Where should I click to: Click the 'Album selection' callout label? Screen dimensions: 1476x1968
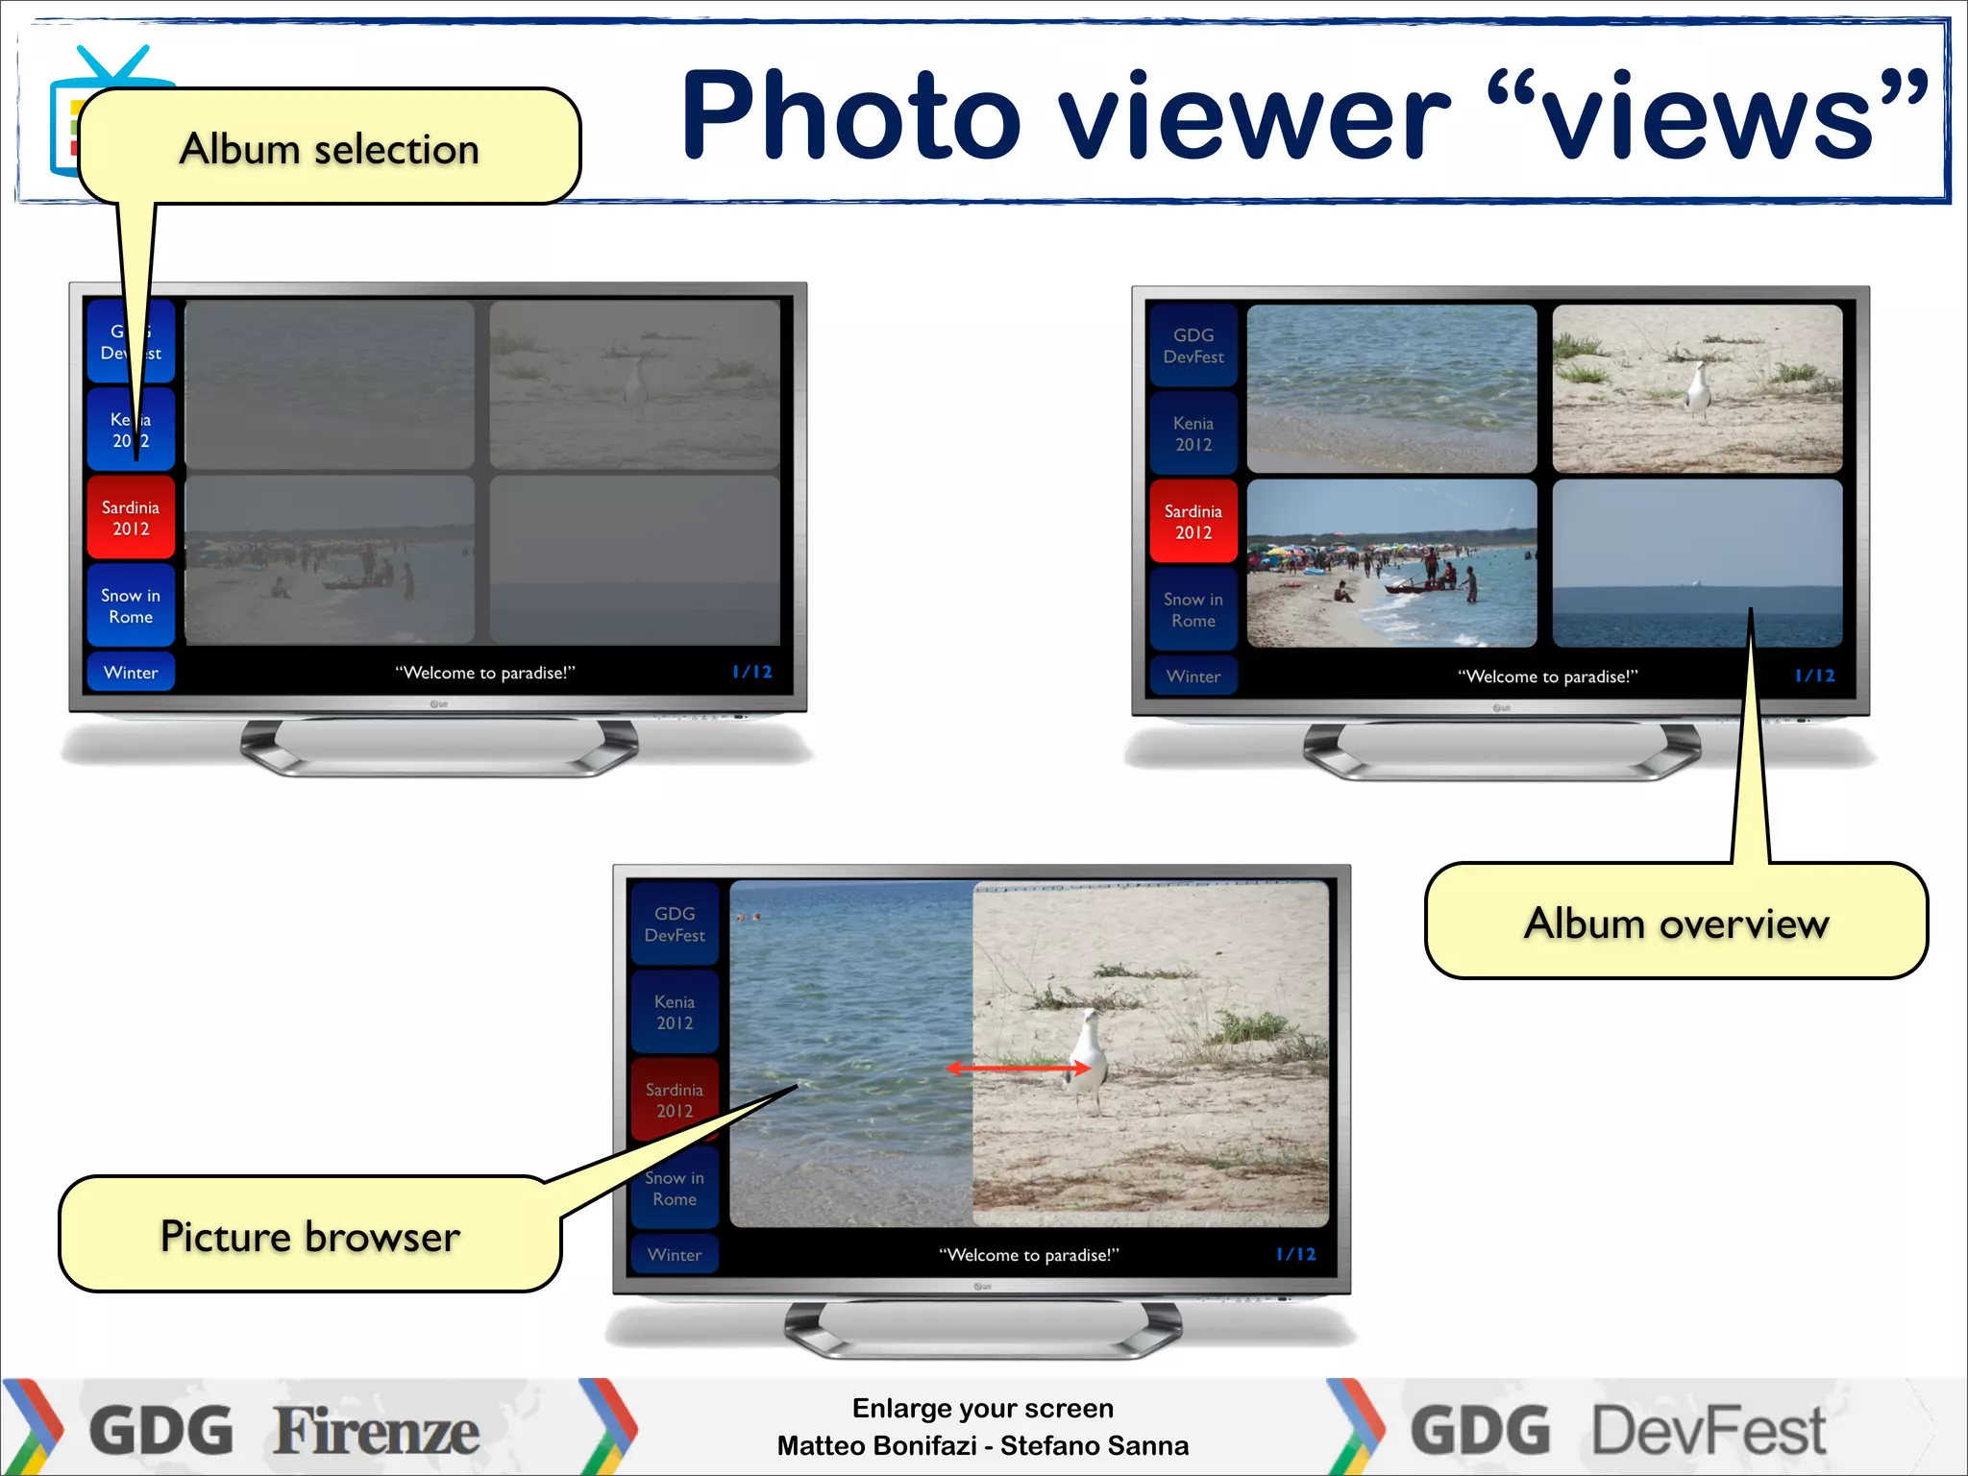point(329,149)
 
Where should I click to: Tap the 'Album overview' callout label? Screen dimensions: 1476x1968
point(1676,922)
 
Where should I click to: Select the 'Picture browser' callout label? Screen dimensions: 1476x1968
point(309,1236)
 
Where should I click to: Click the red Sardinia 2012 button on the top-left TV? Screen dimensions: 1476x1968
point(131,518)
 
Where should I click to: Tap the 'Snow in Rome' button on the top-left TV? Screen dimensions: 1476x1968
point(131,606)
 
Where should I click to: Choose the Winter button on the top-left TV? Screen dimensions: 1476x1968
point(131,673)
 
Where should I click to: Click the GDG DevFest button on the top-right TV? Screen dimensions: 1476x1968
point(1193,346)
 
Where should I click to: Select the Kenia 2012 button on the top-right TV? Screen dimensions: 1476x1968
point(1193,433)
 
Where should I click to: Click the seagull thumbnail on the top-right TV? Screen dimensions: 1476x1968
point(1697,389)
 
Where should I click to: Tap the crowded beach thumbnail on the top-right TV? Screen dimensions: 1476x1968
point(1391,564)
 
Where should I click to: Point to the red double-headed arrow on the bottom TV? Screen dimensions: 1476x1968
point(1019,1068)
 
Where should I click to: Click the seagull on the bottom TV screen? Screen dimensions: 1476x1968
point(1086,1057)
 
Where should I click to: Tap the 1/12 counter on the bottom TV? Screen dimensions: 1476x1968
point(1295,1254)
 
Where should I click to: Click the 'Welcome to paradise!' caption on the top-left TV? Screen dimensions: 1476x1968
point(485,673)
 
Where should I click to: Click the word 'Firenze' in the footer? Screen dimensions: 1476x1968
point(377,1432)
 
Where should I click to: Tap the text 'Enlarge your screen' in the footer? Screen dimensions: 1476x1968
point(982,1409)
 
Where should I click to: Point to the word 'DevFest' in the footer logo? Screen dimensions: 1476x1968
point(1709,1432)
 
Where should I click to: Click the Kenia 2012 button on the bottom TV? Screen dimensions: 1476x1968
point(675,1012)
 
